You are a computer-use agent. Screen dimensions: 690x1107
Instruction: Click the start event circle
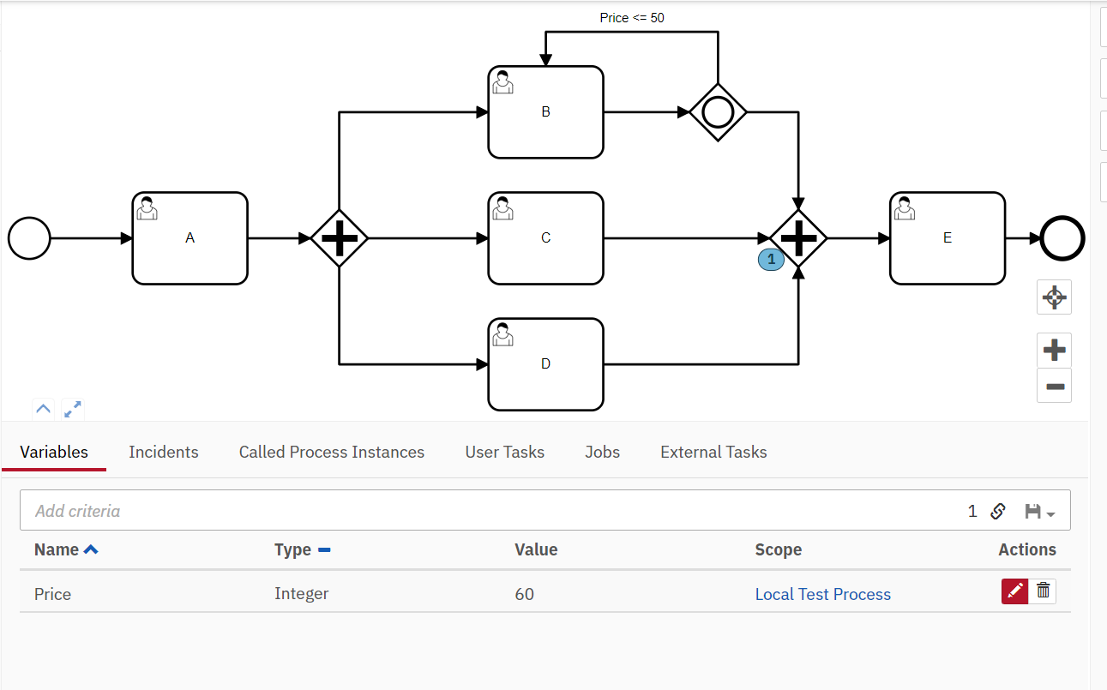[29, 238]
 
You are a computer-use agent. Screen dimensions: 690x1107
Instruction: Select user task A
[190, 238]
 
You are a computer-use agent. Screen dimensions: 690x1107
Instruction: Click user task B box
[545, 112]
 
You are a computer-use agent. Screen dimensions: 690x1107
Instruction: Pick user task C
[545, 238]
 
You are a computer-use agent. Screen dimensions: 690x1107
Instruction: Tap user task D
[545, 364]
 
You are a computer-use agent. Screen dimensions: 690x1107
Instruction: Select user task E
[947, 238]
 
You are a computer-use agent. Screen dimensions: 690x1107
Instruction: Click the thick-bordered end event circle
[1062, 238]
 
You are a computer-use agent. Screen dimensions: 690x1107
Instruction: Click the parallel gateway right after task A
[340, 238]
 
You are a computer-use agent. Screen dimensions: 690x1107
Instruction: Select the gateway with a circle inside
[718, 111]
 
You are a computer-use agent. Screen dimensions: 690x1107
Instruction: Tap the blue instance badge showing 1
[771, 259]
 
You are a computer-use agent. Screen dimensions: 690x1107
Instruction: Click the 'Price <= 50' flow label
[631, 17]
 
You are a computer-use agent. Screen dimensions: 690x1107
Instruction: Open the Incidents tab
[163, 452]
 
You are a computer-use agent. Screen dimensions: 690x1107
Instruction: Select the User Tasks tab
[504, 452]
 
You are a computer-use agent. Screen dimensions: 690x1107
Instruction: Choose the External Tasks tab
[713, 452]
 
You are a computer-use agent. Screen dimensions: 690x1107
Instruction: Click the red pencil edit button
[1014, 591]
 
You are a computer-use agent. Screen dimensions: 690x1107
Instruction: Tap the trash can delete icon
[1043, 591]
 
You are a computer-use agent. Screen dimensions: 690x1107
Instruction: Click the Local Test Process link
[822, 594]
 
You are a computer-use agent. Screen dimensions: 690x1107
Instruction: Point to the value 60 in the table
[525, 594]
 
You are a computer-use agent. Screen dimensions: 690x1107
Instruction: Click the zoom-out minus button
[1054, 387]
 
